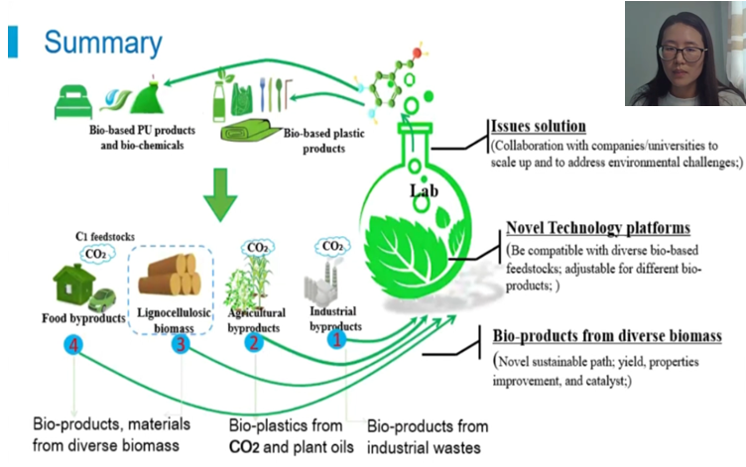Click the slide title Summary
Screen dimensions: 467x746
tap(102, 43)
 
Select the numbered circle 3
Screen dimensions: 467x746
tap(179, 344)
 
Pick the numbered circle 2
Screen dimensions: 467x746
tap(254, 343)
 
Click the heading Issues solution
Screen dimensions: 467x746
tap(539, 127)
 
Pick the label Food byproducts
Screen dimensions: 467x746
tap(83, 318)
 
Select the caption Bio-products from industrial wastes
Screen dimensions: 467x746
tap(428, 436)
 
